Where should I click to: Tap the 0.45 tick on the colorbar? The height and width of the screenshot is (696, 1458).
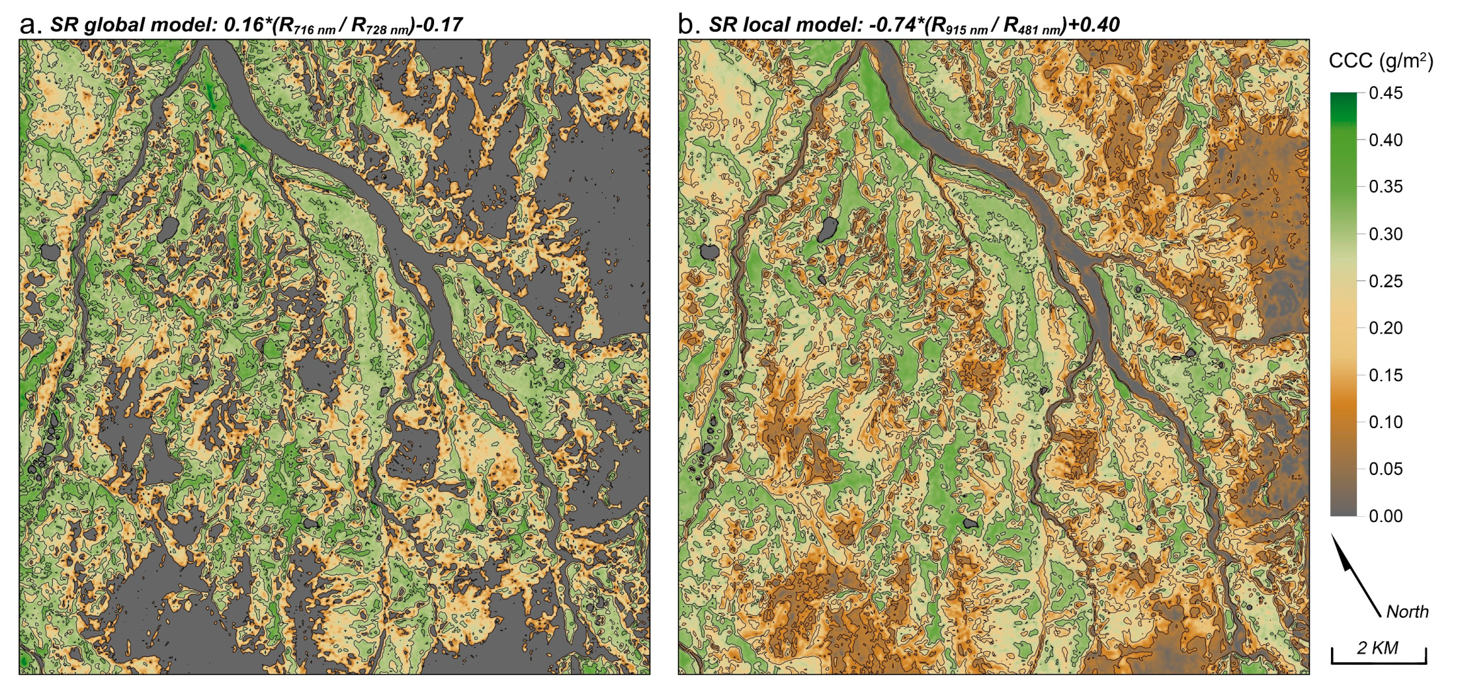point(1386,93)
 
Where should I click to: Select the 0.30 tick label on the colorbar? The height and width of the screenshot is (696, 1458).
point(1386,234)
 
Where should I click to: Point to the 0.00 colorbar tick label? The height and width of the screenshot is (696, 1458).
point(1386,516)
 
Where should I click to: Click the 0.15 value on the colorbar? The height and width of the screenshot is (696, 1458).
point(1386,375)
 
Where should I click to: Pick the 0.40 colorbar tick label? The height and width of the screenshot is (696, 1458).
point(1386,140)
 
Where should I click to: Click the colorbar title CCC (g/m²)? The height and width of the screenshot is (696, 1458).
point(1380,61)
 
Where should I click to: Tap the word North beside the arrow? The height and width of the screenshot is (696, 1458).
point(1407,611)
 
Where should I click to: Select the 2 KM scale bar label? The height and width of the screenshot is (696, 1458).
point(1378,648)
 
